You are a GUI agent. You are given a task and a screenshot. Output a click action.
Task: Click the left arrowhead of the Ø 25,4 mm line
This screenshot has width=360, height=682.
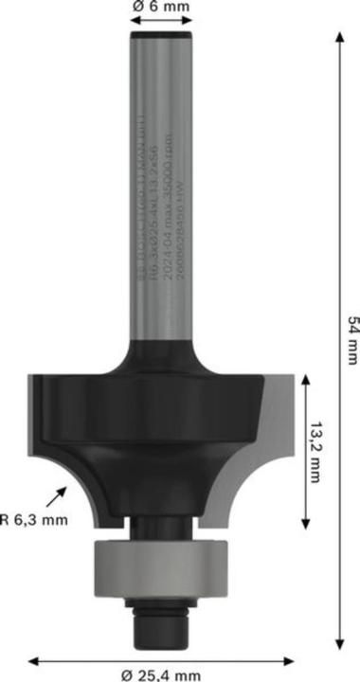coord(32,659)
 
